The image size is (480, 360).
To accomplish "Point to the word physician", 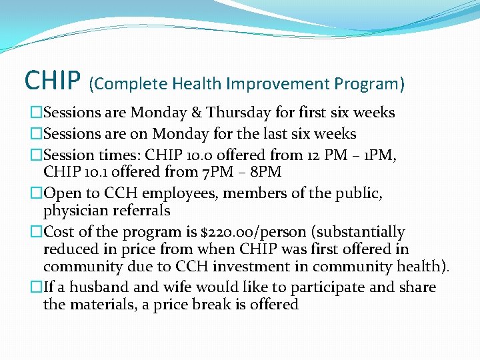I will (74, 211).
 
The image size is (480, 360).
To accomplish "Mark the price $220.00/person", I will (257, 232).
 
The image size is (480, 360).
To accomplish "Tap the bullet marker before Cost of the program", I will (37, 232).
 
